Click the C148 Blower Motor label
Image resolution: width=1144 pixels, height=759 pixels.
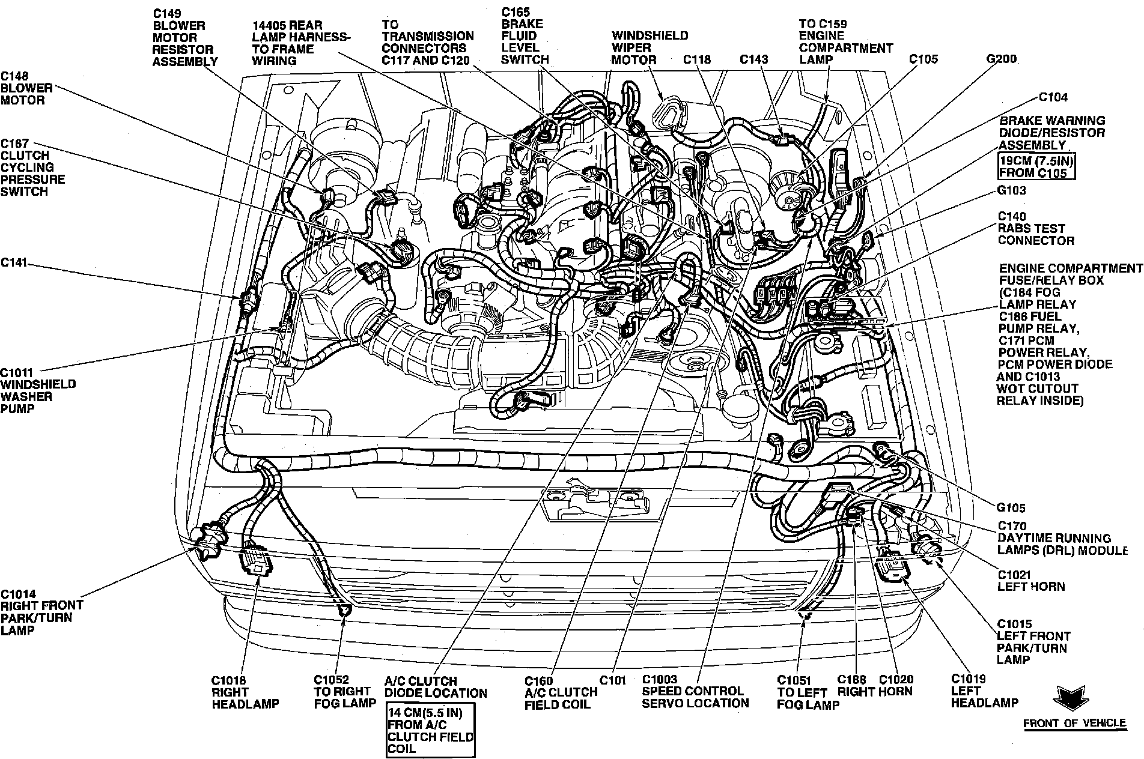point(26,88)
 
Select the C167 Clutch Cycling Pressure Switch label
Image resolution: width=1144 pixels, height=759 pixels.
point(32,168)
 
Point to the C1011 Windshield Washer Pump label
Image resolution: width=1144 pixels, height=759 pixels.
point(38,390)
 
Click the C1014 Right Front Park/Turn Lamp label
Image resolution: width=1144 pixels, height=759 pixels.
point(41,611)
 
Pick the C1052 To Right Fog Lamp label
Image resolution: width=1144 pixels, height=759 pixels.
point(344,692)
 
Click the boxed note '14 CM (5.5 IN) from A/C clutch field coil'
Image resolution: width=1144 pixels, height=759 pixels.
point(430,730)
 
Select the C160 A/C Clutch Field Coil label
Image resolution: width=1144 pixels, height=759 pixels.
point(560,692)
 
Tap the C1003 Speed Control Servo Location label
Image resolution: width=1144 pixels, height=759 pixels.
point(695,691)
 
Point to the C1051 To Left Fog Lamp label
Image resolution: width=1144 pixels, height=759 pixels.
point(808,692)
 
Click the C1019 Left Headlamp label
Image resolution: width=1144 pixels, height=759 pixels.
point(984,691)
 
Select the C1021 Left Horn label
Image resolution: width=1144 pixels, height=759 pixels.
point(1031,580)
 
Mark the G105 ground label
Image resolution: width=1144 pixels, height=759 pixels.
point(1011,508)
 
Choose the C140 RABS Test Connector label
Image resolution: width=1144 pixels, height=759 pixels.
point(1036,229)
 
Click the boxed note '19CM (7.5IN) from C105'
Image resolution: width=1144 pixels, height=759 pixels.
point(1036,167)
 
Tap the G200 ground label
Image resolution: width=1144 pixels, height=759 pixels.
point(1001,59)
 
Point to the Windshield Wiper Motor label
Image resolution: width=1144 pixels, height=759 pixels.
point(649,48)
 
